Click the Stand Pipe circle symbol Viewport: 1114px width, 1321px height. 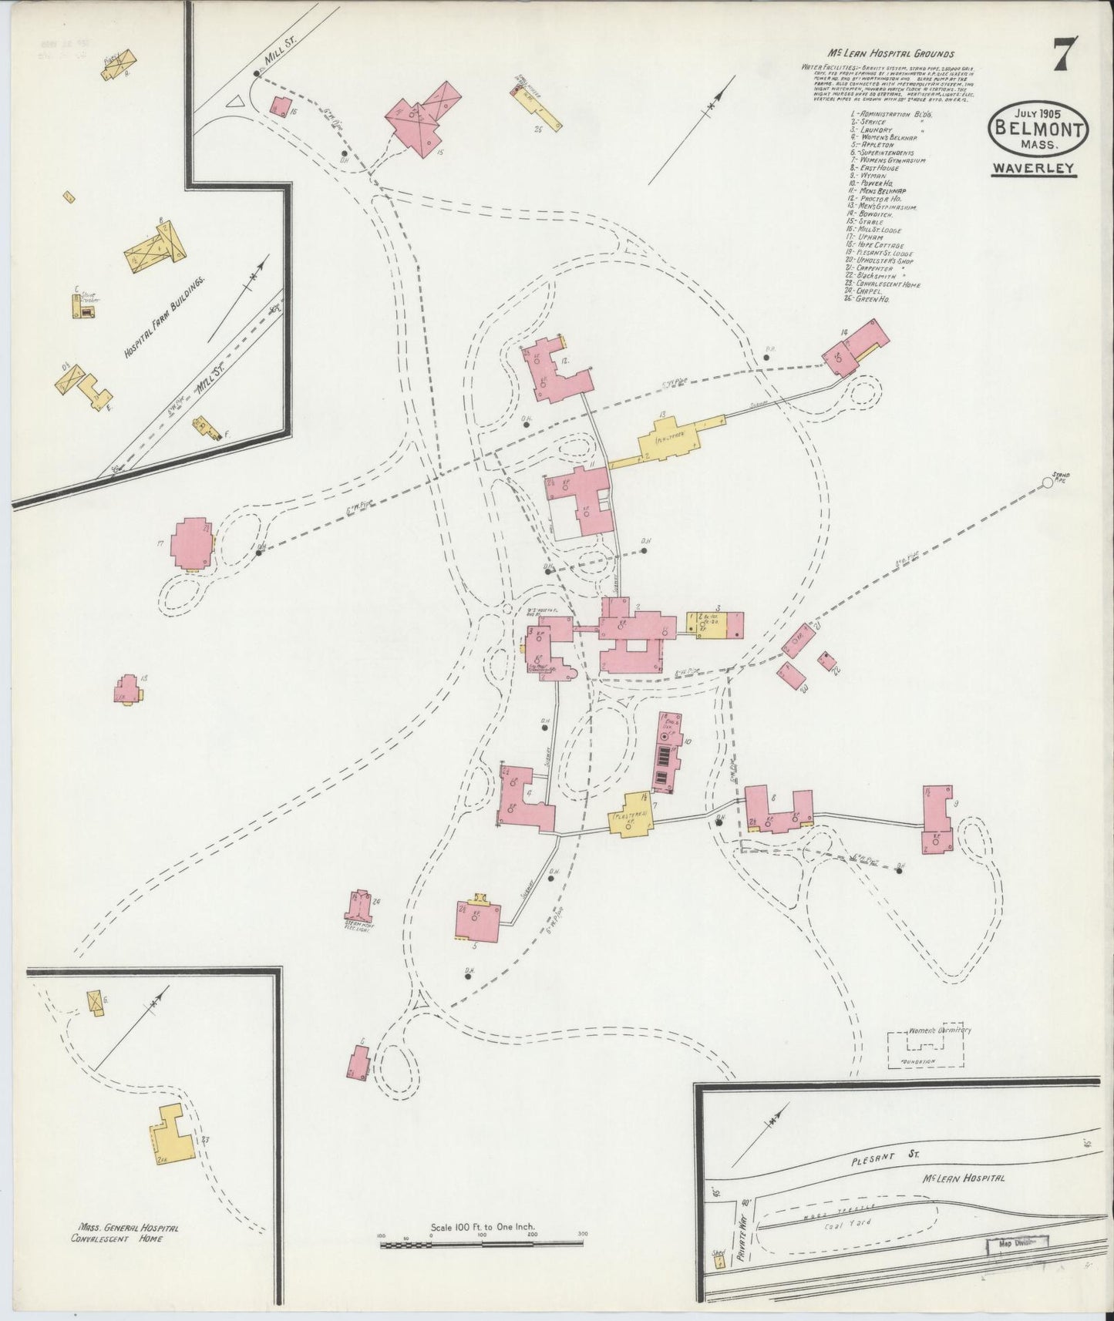click(1047, 482)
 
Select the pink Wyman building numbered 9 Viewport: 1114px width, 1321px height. click(937, 818)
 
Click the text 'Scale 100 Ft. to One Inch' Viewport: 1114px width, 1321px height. click(483, 1248)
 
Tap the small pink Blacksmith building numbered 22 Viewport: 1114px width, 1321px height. click(829, 659)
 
